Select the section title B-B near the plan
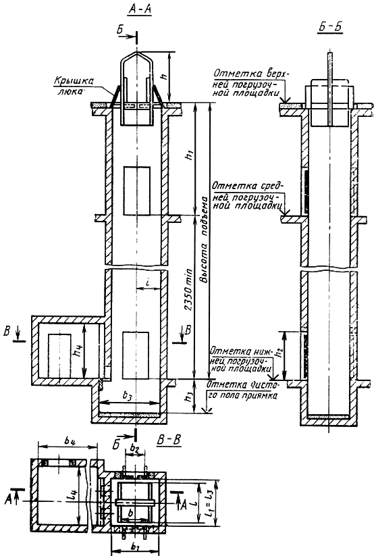tap(169, 440)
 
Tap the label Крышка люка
tap(74, 86)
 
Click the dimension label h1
tap(190, 155)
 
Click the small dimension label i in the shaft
tap(148, 282)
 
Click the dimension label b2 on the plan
tap(134, 449)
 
